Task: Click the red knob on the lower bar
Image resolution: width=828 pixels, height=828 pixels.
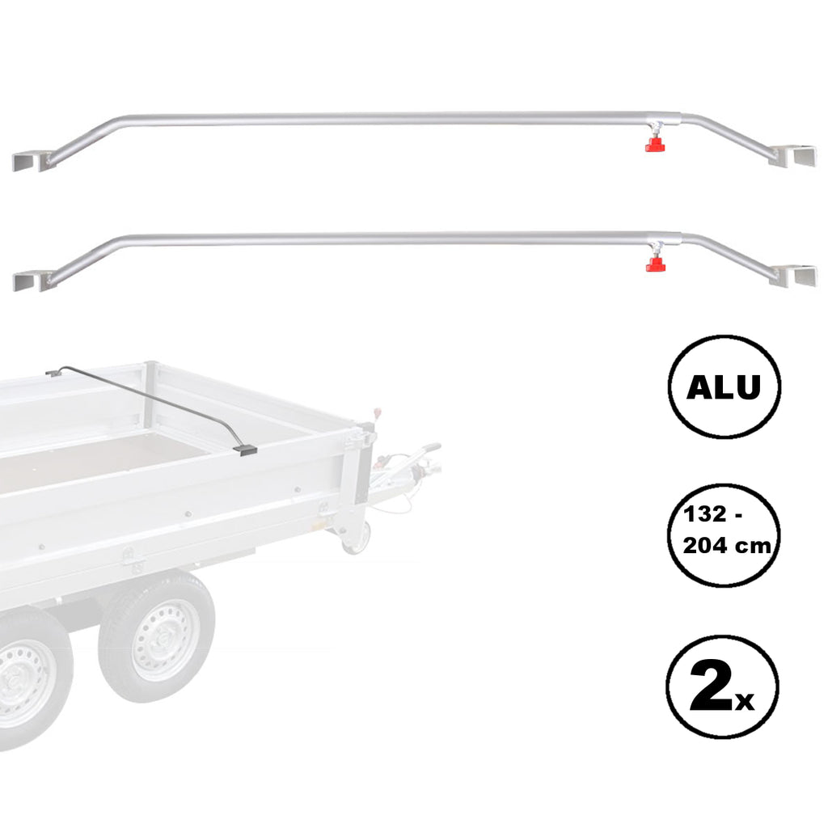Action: pos(655,264)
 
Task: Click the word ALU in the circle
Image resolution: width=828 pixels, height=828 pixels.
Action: pos(724,387)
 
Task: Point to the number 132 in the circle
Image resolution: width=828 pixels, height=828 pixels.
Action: pos(705,513)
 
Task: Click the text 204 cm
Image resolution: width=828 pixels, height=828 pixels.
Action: pos(727,545)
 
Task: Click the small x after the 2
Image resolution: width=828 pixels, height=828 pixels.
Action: pos(744,702)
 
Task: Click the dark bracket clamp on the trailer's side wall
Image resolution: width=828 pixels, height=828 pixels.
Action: pos(245,450)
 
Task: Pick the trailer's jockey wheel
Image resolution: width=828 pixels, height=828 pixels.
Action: pos(356,538)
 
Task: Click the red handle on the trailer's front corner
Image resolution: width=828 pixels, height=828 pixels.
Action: pos(377,412)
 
